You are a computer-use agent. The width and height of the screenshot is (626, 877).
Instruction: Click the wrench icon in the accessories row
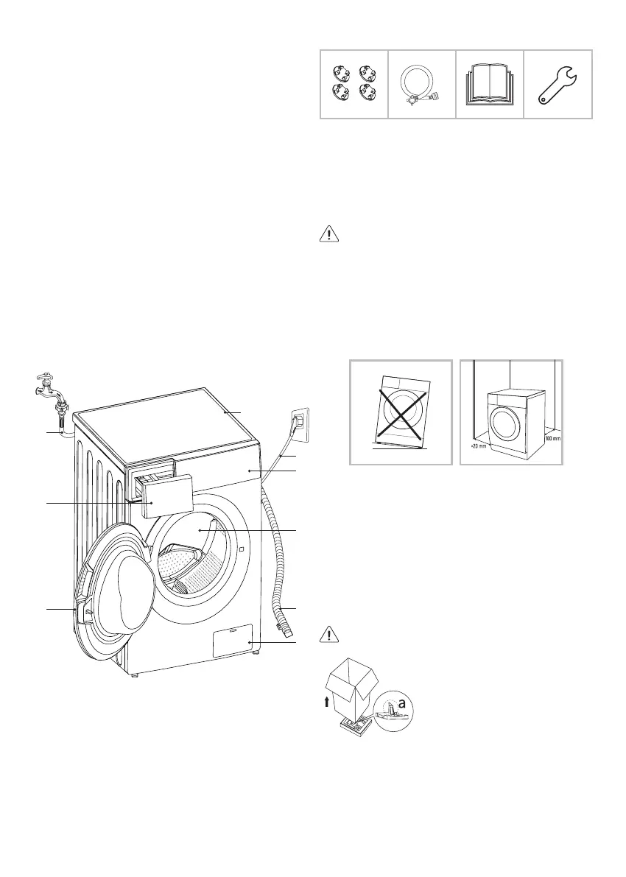pos(558,84)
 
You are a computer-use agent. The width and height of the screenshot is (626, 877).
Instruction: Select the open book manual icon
pos(490,85)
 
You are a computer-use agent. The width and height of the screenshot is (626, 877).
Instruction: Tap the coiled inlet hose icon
pos(421,84)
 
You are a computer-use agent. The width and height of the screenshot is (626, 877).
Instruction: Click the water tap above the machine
pos(49,386)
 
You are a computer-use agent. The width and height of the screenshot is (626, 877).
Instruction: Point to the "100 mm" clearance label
pos(552,439)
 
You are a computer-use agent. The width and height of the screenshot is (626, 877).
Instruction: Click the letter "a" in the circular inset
pos(402,705)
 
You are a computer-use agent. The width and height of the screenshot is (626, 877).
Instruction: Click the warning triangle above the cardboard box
pos(328,634)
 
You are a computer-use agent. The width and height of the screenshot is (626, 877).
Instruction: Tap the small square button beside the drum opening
pos(241,549)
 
